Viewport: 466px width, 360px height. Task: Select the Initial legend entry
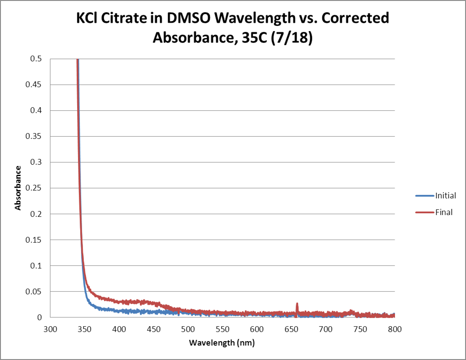click(x=445, y=196)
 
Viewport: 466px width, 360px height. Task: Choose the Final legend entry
click(x=443, y=213)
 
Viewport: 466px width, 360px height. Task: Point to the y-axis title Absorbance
click(x=18, y=188)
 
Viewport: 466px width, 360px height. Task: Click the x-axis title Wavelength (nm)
click(x=222, y=343)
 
